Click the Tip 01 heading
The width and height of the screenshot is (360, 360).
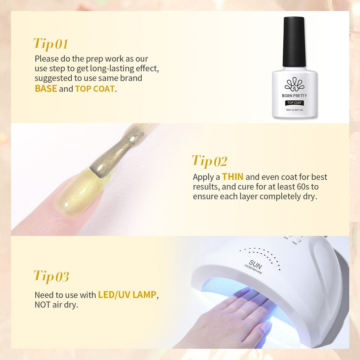tap(51, 44)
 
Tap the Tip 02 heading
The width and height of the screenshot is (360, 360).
tap(209, 161)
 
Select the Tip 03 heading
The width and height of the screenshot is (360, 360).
tap(52, 276)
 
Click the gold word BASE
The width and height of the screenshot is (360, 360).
tap(46, 89)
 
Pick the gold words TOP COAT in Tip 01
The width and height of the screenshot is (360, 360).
tap(95, 89)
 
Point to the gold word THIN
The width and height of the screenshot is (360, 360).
tap(233, 177)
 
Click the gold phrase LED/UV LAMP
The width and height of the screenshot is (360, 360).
tap(127, 295)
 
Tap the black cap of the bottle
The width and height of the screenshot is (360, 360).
tap(294, 42)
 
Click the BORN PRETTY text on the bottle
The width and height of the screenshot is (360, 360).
tap(294, 95)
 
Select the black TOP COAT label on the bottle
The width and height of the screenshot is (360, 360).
tap(295, 103)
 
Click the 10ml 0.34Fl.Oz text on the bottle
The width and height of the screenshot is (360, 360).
tap(294, 110)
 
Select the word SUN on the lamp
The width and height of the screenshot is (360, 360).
tap(255, 265)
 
